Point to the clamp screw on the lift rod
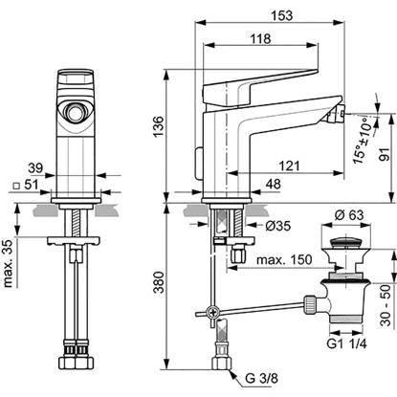pos(213,312)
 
